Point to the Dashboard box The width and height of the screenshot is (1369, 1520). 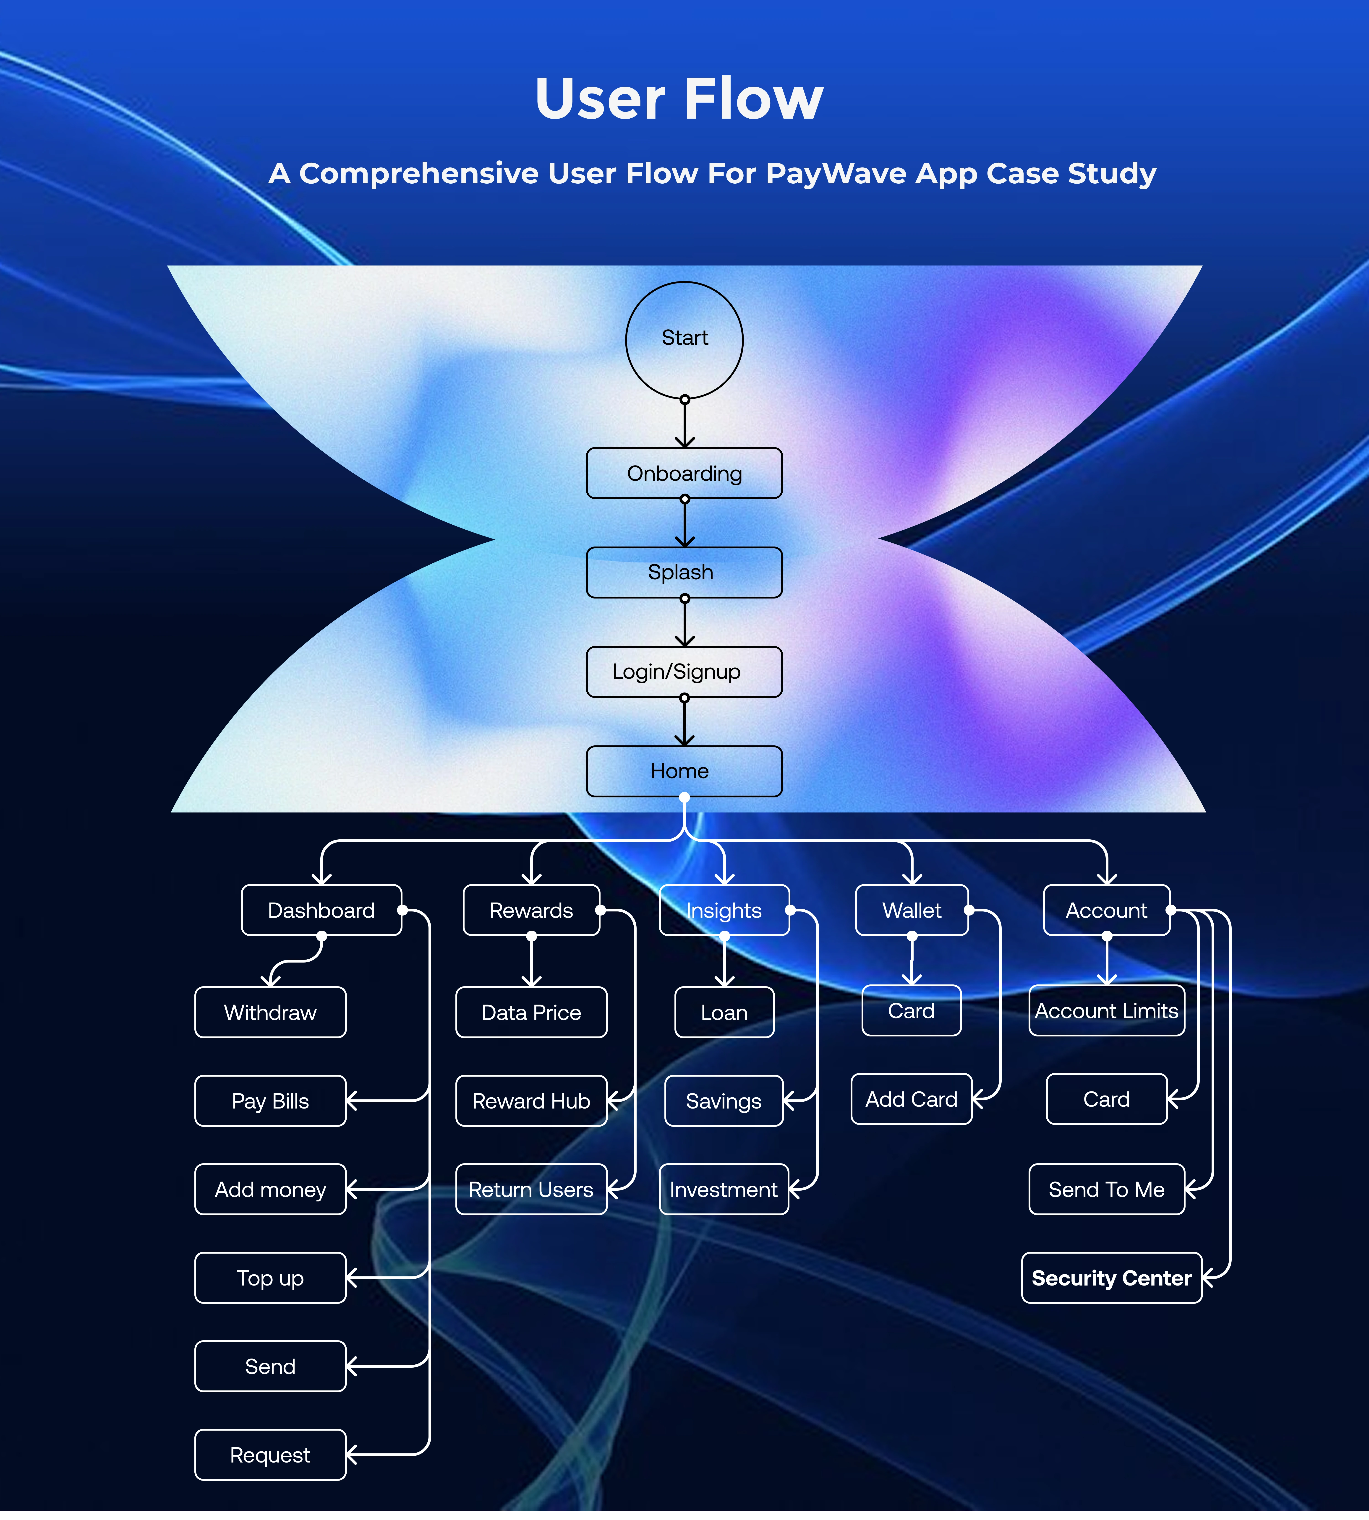coord(321,910)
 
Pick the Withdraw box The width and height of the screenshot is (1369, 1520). coord(270,1012)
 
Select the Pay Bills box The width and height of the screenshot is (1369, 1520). coord(270,1101)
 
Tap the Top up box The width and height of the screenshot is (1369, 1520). coord(270,1278)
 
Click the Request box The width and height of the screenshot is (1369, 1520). coord(270,1455)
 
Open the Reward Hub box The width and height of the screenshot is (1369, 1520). coord(531,1101)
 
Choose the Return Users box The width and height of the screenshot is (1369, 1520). coord(531,1189)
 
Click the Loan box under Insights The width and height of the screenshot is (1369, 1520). coord(724,1012)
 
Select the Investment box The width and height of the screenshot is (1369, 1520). coord(724,1189)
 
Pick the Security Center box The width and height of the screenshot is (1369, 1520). coord(1111,1278)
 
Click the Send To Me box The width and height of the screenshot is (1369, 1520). coord(1106,1189)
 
